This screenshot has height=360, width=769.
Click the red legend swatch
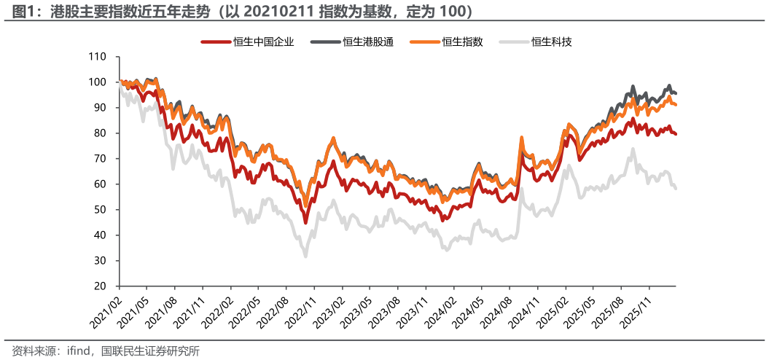click(216, 42)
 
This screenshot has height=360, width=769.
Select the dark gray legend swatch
click(326, 42)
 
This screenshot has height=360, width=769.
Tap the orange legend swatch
click(425, 42)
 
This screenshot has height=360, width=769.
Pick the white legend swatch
click(514, 42)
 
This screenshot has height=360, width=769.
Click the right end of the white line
click(676, 189)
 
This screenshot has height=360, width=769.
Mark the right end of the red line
click(676, 134)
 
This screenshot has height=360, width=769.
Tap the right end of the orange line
click(676, 105)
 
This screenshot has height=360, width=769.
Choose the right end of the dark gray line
click(676, 93)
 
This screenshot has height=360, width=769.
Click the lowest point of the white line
click(305, 257)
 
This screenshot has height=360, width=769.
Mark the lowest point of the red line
click(305, 224)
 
